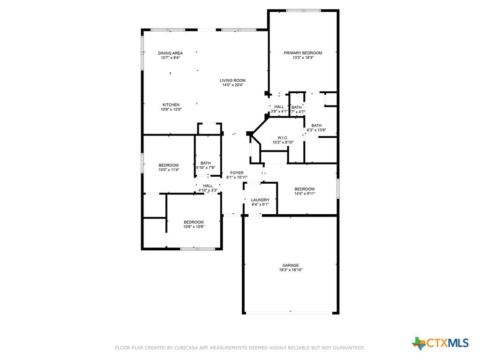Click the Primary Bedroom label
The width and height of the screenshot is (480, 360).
tap(303, 53)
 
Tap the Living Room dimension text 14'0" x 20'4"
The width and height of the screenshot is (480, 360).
tap(232, 85)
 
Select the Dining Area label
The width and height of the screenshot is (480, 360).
tap(170, 53)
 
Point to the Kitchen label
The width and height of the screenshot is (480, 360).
tap(171, 105)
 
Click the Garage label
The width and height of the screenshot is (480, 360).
tap(291, 265)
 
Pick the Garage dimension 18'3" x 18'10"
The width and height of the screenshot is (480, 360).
tap(291, 270)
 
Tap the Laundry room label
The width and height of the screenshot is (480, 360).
tap(260, 200)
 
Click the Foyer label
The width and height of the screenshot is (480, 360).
tap(237, 173)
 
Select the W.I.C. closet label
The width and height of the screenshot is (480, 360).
tap(283, 138)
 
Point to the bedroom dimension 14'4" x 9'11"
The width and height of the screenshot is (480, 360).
tap(305, 194)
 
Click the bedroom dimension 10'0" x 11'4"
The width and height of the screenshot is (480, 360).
tap(169, 170)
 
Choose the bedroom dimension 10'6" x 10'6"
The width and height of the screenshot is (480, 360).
tap(194, 227)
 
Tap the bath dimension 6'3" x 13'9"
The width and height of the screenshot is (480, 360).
tap(316, 130)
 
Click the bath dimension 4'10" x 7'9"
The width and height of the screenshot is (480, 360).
tap(206, 167)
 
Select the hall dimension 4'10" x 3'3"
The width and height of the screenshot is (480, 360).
tap(208, 190)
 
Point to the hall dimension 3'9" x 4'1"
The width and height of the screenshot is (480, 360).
tap(279, 112)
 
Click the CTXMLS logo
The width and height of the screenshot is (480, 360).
tap(441, 343)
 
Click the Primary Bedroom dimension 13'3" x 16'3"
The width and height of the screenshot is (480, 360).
tap(303, 58)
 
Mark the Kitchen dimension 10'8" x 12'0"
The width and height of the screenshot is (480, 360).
tap(171, 109)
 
